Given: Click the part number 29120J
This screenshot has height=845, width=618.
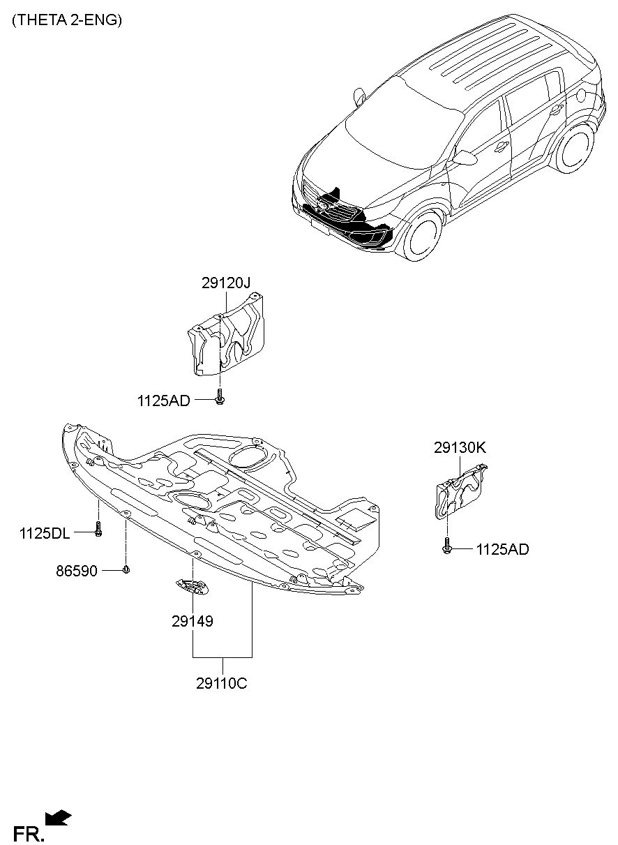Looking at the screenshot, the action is tap(225, 283).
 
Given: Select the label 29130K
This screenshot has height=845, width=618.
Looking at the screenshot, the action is tap(460, 448).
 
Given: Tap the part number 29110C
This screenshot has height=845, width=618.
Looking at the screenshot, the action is tap(221, 683).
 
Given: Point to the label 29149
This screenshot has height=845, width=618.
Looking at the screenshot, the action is tap(193, 621).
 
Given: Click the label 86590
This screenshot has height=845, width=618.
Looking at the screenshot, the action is tap(77, 571).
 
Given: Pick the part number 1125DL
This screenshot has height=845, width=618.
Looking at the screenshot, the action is tap(45, 533).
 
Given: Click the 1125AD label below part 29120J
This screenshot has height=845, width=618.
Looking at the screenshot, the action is tap(164, 401).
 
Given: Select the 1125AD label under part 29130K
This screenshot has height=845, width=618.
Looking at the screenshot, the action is tap(503, 550).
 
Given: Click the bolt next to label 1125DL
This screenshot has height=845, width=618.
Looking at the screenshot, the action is tap(98, 528).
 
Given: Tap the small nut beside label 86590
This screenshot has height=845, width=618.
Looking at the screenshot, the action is tap(126, 569).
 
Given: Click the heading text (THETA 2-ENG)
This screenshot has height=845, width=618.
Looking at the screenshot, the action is tap(67, 20).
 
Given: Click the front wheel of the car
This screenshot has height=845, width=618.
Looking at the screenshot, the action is tap(422, 237).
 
